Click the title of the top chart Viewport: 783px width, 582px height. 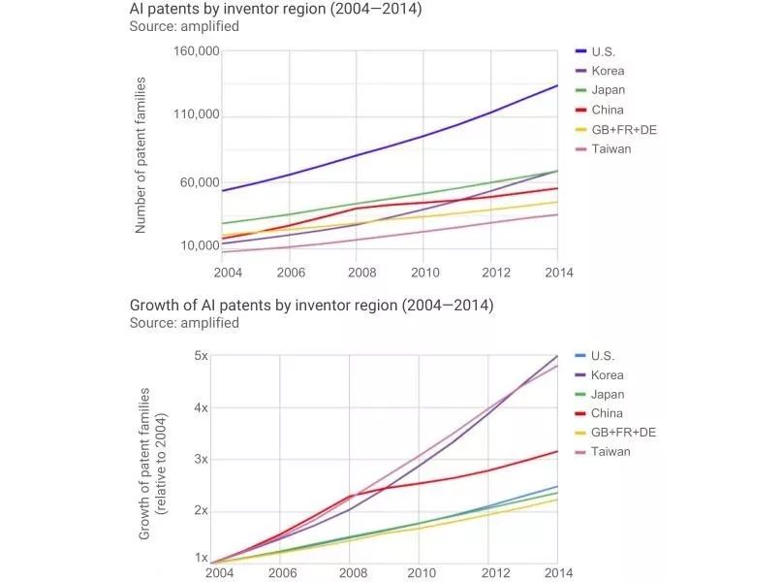tap(276, 10)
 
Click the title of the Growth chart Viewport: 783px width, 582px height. tap(311, 306)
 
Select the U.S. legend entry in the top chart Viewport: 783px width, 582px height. tap(603, 51)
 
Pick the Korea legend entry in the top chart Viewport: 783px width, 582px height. tap(608, 71)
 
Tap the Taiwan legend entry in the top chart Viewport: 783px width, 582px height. tap(611, 148)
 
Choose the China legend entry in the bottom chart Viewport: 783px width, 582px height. tap(608, 413)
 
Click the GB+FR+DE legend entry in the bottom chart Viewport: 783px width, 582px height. tap(623, 433)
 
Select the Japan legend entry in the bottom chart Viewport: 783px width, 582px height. tap(608, 395)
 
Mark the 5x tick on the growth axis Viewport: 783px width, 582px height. tap(201, 356)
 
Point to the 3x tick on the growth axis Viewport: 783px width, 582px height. tap(201, 459)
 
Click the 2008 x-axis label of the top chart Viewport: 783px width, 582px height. tap(357, 272)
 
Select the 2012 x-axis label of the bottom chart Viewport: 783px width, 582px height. tap(495, 572)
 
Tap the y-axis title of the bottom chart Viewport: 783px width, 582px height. tap(152, 463)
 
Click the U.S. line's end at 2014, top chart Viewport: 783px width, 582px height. tap(557, 85)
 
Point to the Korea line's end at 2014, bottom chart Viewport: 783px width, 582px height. tap(557, 356)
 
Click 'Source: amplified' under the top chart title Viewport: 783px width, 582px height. tap(184, 27)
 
